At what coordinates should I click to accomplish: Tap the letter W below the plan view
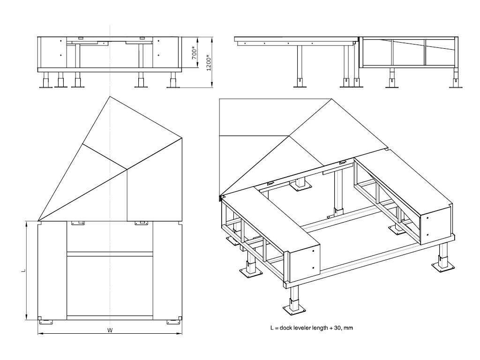110,330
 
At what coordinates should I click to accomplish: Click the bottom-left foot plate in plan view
45,322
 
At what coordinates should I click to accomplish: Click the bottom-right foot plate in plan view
173,322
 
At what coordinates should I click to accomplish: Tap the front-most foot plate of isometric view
294,309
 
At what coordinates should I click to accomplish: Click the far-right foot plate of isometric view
442,268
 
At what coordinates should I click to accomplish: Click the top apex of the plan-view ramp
110,96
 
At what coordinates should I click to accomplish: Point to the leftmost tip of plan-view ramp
38,221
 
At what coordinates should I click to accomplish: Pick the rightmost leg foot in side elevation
456,84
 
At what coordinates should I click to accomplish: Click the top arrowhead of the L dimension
27,224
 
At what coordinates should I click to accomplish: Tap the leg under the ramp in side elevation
299,66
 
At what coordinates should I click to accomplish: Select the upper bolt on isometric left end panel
313,251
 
